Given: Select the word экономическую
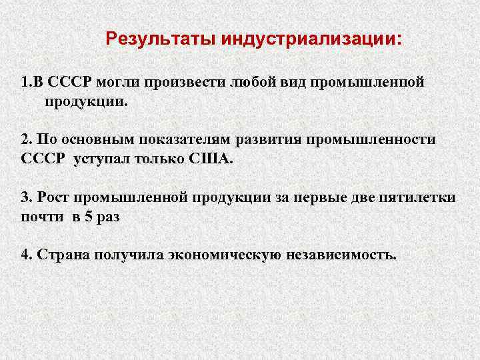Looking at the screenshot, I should point(227,255).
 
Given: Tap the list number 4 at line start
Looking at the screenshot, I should point(25,255).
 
